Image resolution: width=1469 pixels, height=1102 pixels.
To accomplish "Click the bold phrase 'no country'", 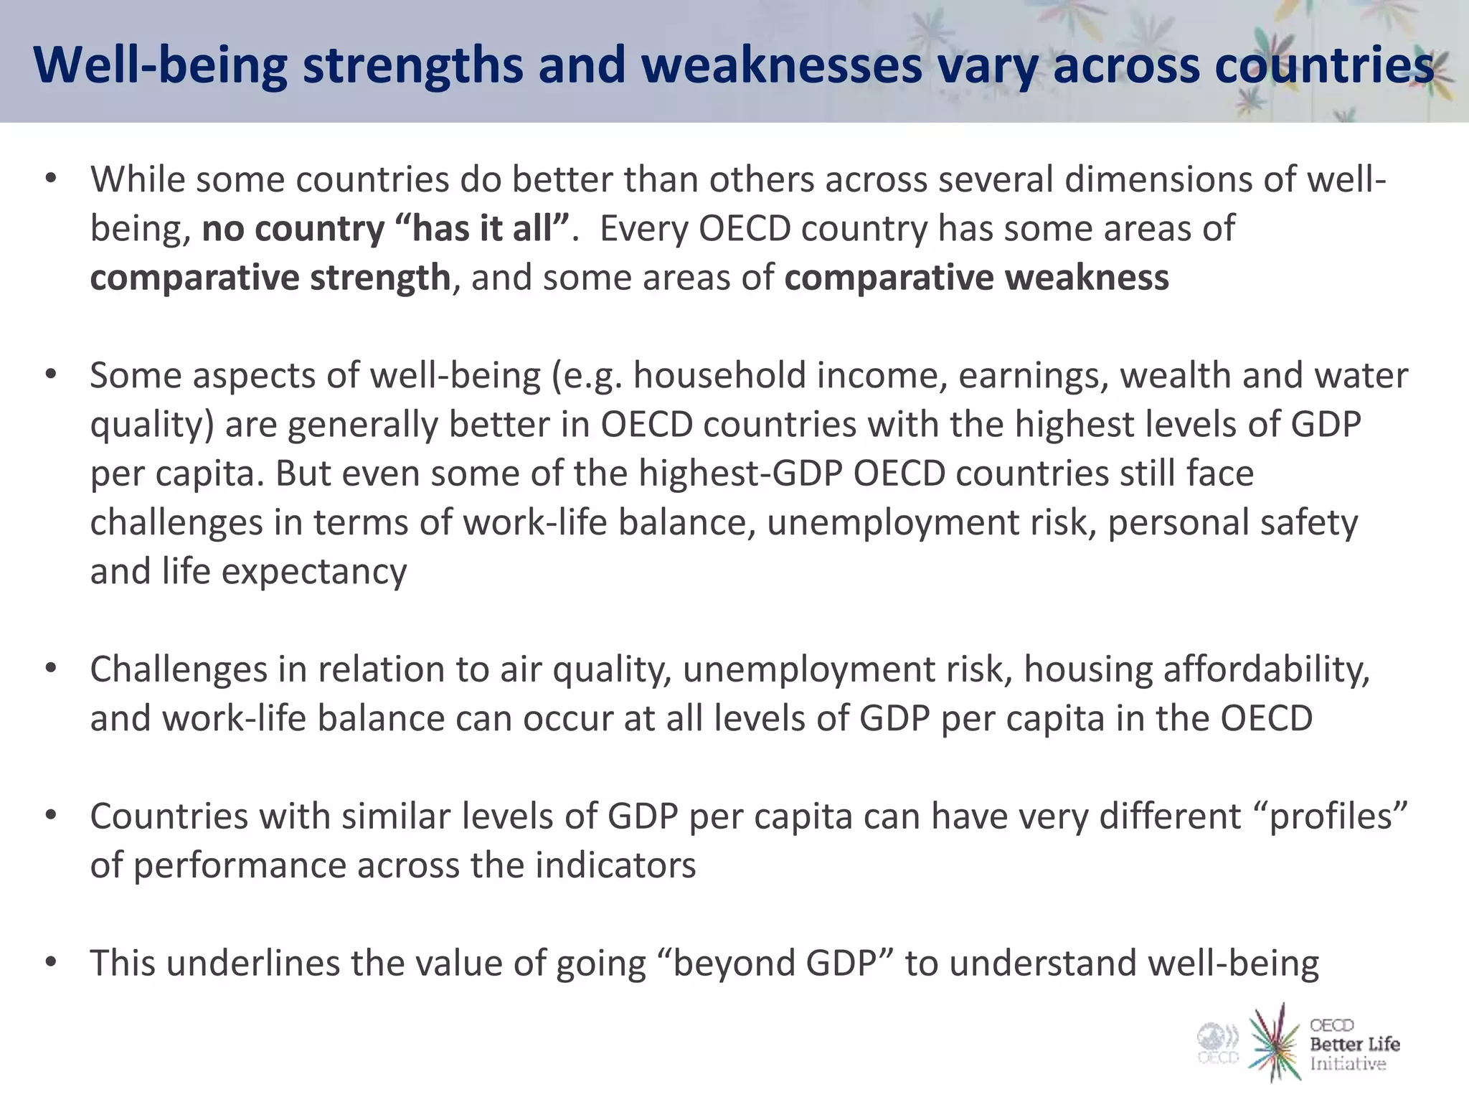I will coord(293,229).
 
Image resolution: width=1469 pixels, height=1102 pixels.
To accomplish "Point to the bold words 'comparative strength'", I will coord(270,278).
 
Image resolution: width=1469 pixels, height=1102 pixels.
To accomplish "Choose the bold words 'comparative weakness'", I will coord(976,278).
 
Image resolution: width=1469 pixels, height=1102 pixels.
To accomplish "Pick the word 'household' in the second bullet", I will coord(720,376).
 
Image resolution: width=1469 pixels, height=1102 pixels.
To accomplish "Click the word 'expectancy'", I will coord(314,572).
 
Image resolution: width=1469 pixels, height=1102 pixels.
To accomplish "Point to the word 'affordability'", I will coord(1266,669).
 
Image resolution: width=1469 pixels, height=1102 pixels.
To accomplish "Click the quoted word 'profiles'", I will coord(1331,816).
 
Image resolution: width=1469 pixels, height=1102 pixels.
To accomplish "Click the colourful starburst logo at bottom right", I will coord(1275,1042).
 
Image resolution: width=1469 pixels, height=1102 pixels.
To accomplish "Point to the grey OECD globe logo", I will coord(1218,1042).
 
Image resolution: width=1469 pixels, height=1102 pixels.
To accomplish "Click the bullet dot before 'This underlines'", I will coord(50,962).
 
